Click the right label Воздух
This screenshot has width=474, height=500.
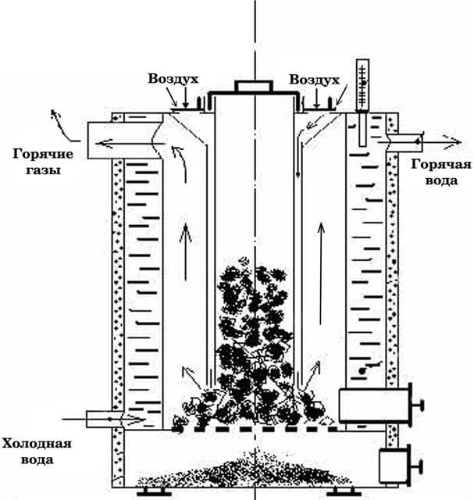click(314, 80)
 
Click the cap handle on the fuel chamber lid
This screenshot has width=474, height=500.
click(253, 85)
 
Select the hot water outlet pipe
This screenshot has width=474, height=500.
click(403, 141)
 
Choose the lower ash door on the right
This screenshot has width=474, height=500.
click(394, 466)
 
